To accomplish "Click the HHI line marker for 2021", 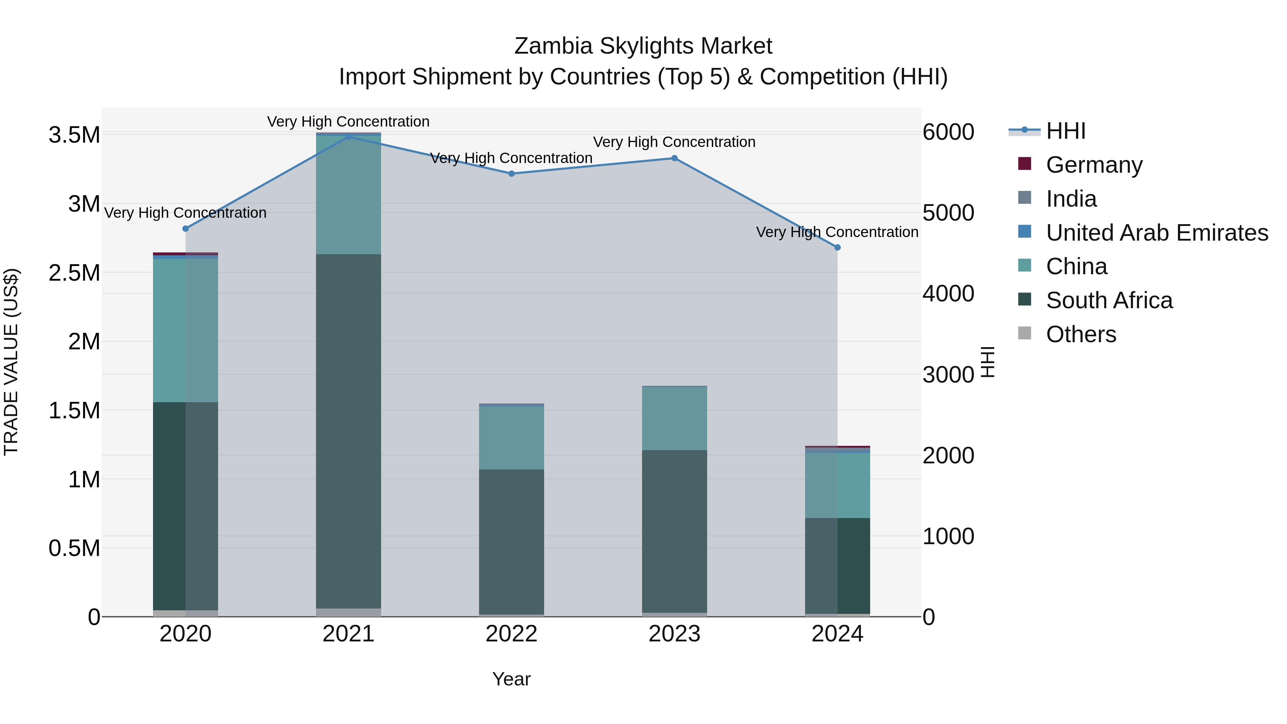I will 348,137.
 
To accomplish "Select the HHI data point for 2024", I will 837,247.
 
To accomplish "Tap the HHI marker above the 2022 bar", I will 511,174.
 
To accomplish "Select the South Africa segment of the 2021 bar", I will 348,430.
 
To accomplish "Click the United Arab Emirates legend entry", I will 1156,233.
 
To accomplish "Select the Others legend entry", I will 1081,334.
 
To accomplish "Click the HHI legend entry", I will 1065,131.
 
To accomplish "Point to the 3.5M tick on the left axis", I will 74,135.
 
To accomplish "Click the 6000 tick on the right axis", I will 948,132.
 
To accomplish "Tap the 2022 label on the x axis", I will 511,634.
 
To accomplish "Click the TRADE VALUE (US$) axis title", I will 11,362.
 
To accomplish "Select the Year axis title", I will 511,679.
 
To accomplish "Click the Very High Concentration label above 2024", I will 837,232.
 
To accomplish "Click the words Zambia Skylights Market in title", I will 643,46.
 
